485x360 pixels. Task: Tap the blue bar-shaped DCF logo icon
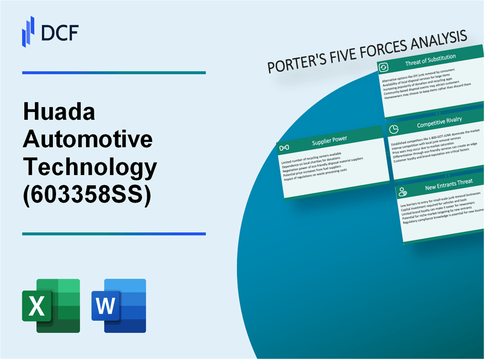coord(28,31)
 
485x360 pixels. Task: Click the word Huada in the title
coord(59,113)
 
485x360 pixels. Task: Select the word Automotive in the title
coord(88,140)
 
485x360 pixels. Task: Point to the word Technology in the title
coord(90,167)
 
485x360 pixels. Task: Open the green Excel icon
coord(51,305)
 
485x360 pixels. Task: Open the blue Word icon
coord(119,305)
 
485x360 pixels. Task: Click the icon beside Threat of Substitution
coord(384,67)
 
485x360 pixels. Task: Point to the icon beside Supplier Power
coord(284,147)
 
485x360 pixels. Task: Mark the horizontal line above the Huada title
coord(114,73)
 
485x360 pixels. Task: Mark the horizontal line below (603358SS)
coord(114,234)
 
